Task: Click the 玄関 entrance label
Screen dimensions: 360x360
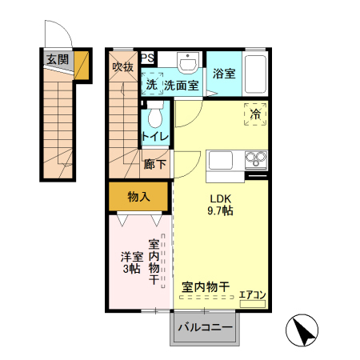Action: (57, 59)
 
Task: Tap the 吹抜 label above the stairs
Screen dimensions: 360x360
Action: (122, 67)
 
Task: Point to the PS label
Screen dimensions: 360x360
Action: (149, 58)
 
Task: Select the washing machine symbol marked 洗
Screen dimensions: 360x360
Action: (151, 84)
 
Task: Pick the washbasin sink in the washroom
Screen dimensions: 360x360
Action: (190, 63)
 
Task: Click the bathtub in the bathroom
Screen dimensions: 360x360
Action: (255, 75)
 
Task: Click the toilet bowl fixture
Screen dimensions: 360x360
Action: (156, 115)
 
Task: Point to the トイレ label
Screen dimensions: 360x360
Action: (155, 137)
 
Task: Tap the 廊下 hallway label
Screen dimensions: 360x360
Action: (155, 165)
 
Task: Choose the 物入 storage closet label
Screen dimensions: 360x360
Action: (138, 196)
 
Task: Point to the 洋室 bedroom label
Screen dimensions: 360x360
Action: (132, 257)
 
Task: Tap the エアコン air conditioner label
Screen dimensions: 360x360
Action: (252, 295)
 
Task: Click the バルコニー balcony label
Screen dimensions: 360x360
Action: (205, 327)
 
